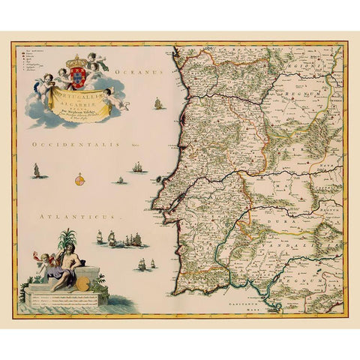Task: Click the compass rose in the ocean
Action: (80, 178)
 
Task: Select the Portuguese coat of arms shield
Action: (78, 78)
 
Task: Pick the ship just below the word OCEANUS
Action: (157, 103)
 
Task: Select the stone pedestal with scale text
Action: (67, 297)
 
